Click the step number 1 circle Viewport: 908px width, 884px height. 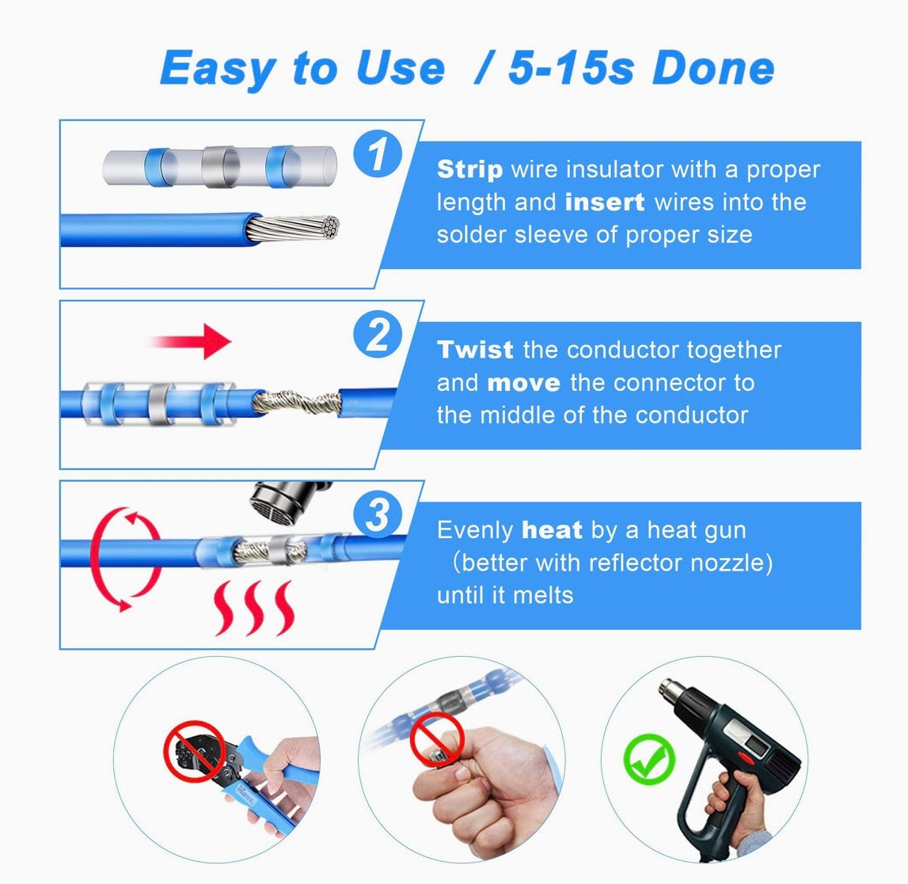tap(378, 154)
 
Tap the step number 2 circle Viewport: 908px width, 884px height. tap(378, 334)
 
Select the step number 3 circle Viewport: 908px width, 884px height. tap(378, 514)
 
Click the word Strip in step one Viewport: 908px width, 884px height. tap(469, 169)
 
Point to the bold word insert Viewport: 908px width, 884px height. tap(605, 202)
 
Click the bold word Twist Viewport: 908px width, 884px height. tap(475, 350)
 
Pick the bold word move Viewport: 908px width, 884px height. tap(523, 383)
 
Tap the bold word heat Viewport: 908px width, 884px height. tap(552, 530)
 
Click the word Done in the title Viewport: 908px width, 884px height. tap(713, 68)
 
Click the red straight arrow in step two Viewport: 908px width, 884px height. tap(191, 342)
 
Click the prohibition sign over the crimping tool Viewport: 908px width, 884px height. tap(194, 751)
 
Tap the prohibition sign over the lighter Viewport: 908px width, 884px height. tap(437, 739)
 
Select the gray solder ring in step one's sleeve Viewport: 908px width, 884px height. tap(220, 167)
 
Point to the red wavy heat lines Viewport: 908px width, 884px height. tap(253, 608)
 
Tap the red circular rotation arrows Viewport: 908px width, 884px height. tap(126, 560)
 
